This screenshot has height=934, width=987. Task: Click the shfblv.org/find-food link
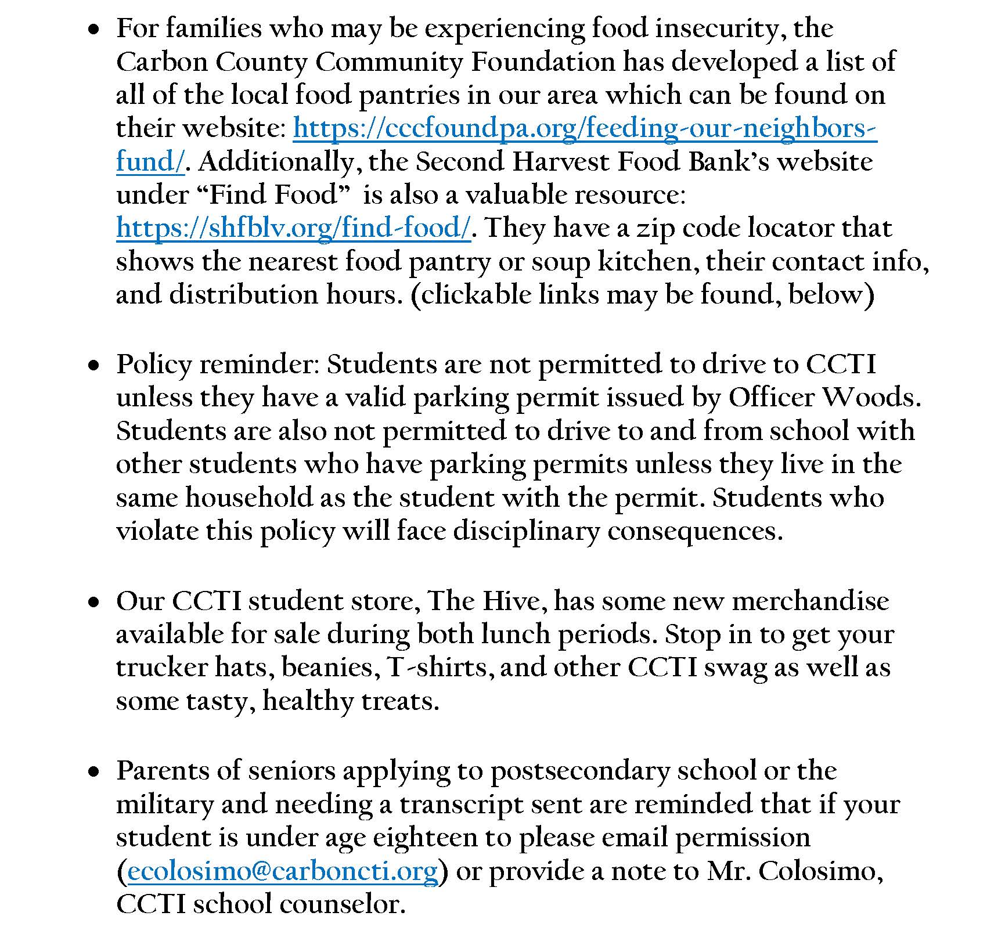[x=293, y=228]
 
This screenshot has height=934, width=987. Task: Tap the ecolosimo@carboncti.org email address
[x=282, y=871]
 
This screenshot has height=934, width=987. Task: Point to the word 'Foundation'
[x=543, y=62]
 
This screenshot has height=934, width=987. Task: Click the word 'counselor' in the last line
[x=342, y=904]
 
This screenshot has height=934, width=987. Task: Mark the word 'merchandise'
[x=810, y=601]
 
